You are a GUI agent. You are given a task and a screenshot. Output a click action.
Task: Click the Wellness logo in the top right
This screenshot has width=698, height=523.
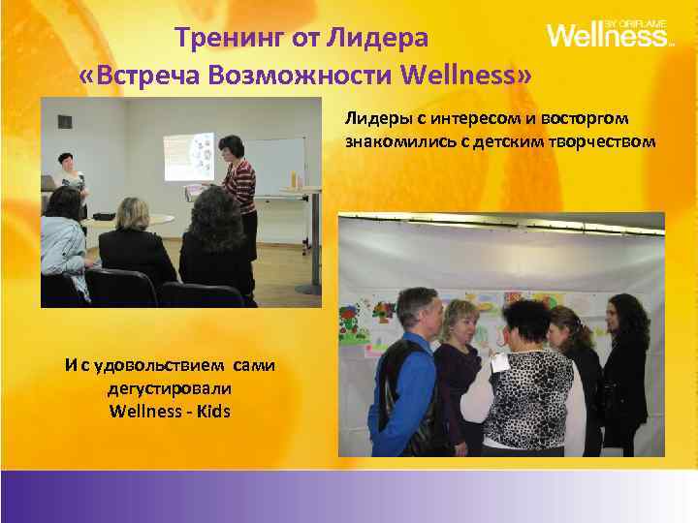(x=609, y=36)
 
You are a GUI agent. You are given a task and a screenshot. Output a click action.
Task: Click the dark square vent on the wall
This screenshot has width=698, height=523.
(x=64, y=122)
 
